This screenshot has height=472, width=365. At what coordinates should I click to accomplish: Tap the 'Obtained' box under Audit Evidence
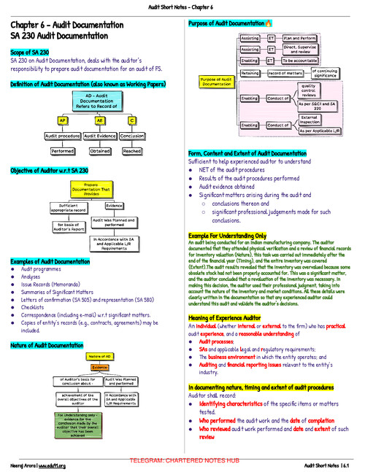tap(99, 151)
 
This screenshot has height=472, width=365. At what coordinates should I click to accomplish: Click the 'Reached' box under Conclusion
tap(131, 151)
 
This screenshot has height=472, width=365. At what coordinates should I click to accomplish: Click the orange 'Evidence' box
tap(99, 368)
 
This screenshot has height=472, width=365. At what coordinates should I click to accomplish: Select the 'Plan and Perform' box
tap(299, 36)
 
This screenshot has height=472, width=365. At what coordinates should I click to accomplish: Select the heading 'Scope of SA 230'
tap(31, 53)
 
